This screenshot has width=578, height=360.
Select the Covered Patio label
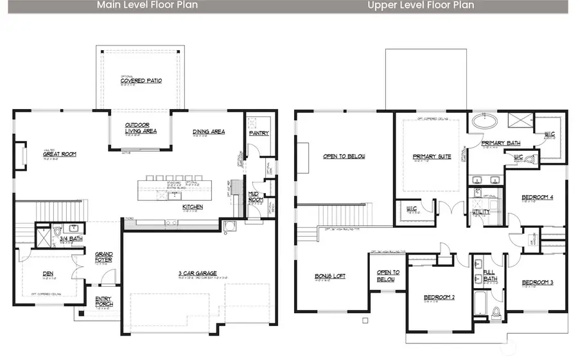(x=141, y=81)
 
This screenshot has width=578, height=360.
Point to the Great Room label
(x=60, y=154)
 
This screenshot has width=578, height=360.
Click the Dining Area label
(x=209, y=132)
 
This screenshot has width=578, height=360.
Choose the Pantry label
(x=258, y=133)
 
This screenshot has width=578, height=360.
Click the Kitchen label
(x=193, y=207)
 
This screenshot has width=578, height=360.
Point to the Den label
(x=48, y=274)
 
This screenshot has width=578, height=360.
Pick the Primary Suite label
(x=432, y=157)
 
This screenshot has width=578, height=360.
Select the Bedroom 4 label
(x=537, y=197)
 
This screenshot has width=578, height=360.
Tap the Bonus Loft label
(x=330, y=276)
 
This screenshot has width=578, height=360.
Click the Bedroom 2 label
(x=439, y=298)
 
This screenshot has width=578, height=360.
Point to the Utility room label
(x=480, y=212)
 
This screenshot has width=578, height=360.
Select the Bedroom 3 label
(x=537, y=283)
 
